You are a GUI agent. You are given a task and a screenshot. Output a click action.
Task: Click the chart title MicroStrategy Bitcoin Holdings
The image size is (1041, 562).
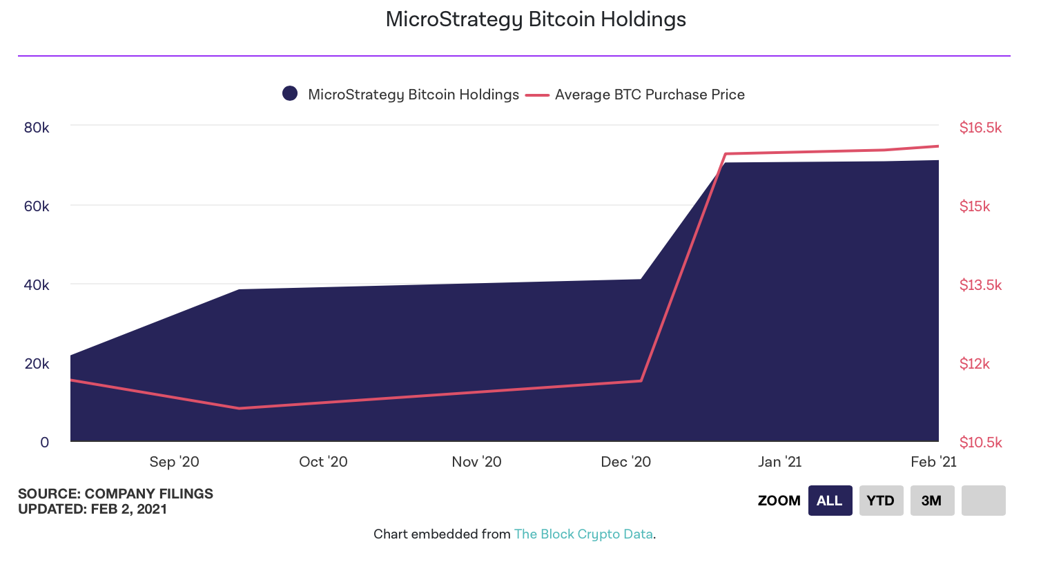536,19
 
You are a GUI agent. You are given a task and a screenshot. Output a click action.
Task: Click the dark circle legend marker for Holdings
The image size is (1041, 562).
290,94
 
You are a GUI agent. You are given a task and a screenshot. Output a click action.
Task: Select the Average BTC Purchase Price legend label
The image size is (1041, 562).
650,95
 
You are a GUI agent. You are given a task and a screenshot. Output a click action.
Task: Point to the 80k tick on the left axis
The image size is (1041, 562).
37,128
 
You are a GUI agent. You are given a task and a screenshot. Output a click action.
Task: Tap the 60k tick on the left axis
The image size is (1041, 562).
37,206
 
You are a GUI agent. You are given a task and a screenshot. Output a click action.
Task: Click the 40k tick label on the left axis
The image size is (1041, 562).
37,285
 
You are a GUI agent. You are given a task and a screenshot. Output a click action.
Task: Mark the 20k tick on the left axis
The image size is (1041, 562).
37,364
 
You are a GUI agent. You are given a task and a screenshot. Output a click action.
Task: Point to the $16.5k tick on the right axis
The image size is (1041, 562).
980,128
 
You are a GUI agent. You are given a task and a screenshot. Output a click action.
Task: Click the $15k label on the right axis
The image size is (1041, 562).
975,206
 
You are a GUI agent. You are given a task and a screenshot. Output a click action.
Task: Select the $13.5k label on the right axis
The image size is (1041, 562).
980,285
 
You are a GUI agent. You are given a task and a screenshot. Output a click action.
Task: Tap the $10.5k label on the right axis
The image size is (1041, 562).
980,443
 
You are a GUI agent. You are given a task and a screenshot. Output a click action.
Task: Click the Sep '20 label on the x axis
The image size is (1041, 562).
174,462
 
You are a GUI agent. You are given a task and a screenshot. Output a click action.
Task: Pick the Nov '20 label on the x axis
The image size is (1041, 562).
476,462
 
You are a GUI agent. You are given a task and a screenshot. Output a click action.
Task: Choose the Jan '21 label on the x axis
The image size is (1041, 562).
779,462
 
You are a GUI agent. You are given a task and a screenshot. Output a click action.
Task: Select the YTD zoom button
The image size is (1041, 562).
881,501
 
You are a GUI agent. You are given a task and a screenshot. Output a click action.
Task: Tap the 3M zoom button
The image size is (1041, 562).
932,501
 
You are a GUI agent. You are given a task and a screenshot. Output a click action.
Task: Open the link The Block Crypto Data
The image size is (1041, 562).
583,534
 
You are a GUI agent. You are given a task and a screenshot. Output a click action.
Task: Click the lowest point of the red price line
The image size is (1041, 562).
240,408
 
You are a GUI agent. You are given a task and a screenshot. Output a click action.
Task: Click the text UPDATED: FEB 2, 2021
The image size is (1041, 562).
93,510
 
